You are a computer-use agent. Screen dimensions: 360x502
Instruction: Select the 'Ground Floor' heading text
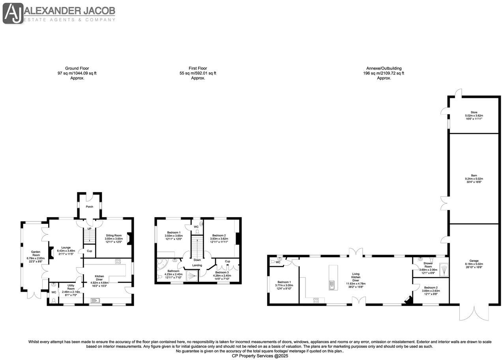[x=77, y=68]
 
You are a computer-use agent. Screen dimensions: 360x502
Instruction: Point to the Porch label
[x=89, y=206]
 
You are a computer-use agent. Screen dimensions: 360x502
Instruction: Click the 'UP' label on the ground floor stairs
[x=89, y=229]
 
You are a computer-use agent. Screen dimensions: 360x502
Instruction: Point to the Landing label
[x=197, y=265]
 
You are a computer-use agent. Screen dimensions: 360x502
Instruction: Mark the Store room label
[x=473, y=115]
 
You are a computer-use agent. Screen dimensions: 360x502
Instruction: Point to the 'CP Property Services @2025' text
[x=251, y=356]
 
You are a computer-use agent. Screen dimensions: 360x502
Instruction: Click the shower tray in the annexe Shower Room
[x=444, y=269]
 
